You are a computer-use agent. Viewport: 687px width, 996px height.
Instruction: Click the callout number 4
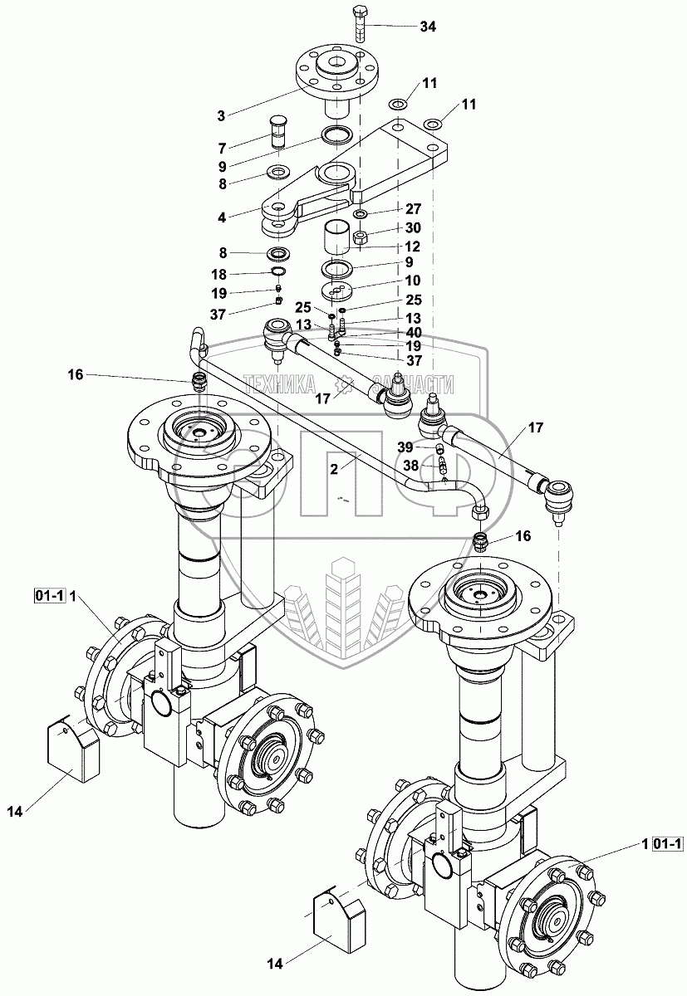coord(222,218)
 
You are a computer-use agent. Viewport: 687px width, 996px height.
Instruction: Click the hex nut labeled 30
coord(361,238)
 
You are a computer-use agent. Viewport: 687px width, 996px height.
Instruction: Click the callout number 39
coord(405,447)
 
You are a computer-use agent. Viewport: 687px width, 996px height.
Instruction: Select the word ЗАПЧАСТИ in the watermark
coord(413,383)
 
